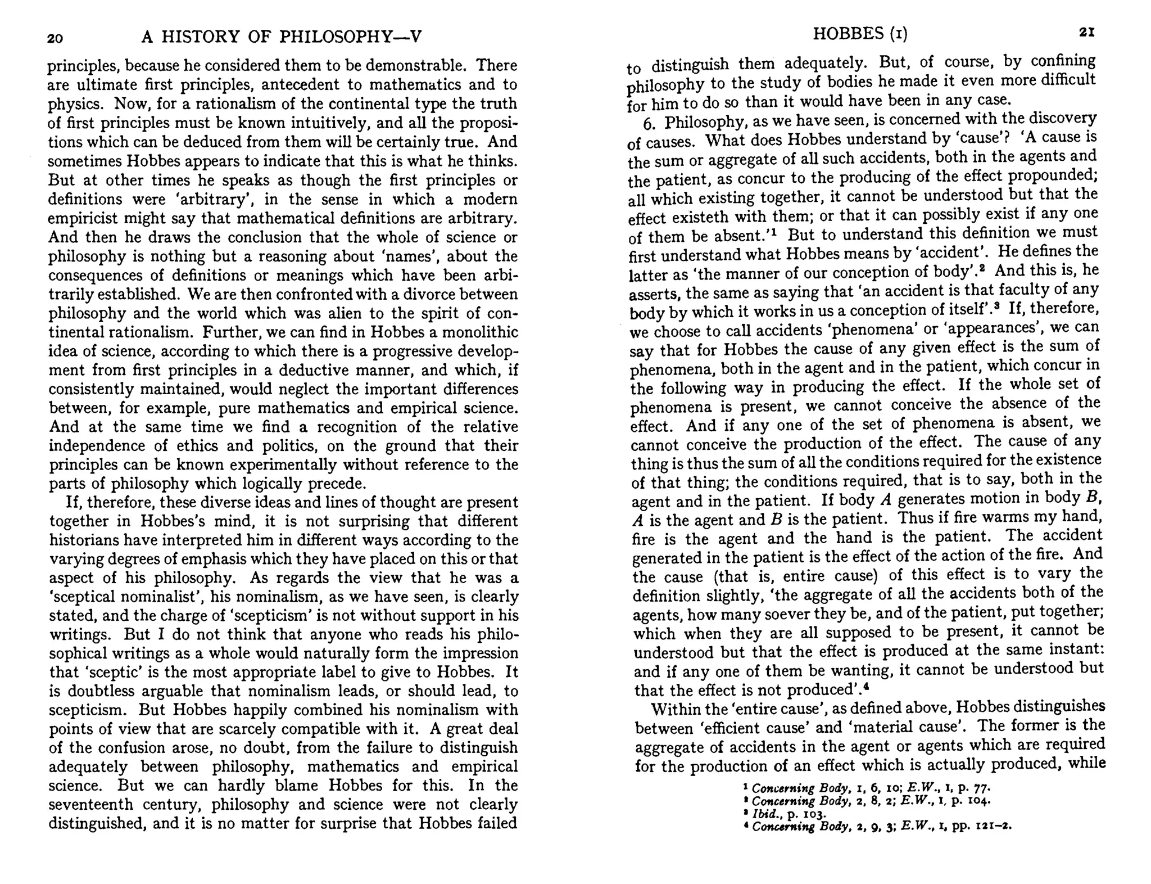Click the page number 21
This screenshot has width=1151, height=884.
tap(1087, 33)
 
